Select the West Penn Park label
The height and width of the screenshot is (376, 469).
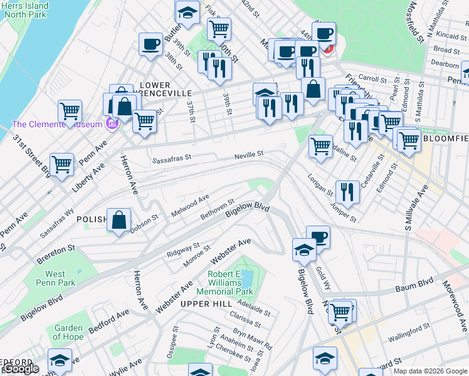[x=60, y=278]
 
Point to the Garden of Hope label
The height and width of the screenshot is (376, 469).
[x=68, y=332]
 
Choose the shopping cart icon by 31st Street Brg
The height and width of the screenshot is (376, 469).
[x=61, y=165]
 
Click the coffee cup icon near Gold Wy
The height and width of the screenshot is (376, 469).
[x=318, y=237]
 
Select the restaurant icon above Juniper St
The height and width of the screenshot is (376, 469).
[x=347, y=191]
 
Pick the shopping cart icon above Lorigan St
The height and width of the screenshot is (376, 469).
[x=321, y=146]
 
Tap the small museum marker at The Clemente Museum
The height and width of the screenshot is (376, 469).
[x=112, y=124]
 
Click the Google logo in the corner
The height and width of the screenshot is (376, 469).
[x=21, y=369]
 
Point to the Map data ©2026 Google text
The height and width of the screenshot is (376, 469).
[x=430, y=371]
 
